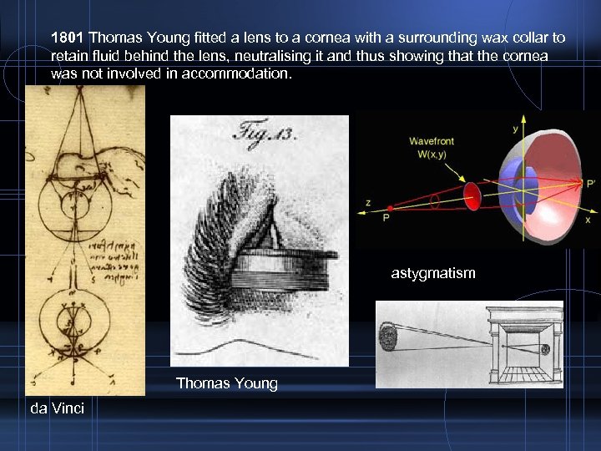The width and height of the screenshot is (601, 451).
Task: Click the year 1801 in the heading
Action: (68, 38)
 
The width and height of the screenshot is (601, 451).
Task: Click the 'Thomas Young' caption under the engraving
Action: (226, 383)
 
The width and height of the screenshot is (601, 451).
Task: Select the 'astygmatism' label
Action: (433, 272)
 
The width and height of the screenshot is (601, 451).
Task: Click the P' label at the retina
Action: (591, 182)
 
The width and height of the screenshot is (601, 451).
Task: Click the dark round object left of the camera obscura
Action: (388, 337)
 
